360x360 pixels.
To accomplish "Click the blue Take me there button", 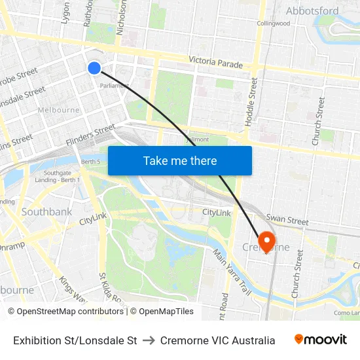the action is [x=180, y=161].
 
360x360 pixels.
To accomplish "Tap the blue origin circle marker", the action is [x=94, y=67].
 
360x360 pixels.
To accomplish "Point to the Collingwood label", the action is [x=273, y=24].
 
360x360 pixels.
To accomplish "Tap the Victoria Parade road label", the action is [x=215, y=62].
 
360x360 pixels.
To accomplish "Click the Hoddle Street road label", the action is [x=251, y=101].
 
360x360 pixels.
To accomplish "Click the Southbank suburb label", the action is [x=46, y=212].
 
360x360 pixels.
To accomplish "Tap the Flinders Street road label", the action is [x=90, y=137].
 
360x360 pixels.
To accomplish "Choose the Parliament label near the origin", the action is [x=113, y=85].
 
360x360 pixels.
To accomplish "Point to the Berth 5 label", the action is [x=90, y=162].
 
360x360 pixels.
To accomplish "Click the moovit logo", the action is [x=320, y=340].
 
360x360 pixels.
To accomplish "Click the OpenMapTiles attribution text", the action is [x=162, y=312].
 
